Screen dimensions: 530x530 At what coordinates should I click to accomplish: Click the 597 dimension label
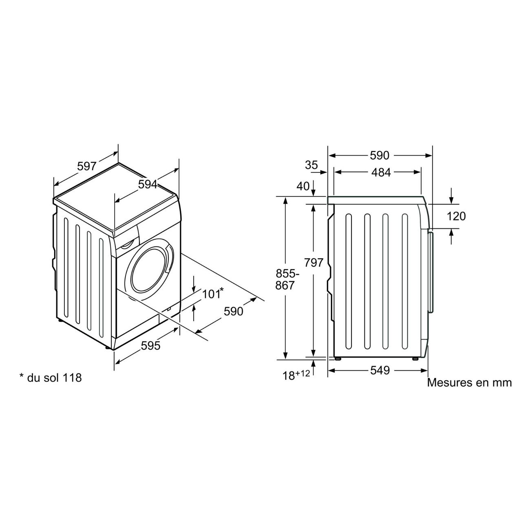point(87,166)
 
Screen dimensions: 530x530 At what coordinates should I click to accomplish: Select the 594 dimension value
point(148,184)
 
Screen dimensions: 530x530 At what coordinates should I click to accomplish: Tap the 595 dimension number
point(151,345)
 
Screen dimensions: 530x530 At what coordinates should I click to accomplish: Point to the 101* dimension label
point(213,294)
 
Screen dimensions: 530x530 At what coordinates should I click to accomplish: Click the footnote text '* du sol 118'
point(51,378)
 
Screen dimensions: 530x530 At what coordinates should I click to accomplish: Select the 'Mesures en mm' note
point(469,382)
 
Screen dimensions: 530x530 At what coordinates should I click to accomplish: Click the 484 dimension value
point(381,172)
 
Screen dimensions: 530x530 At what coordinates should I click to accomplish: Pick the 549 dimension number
point(380,371)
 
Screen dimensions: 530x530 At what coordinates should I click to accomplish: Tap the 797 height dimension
point(314,263)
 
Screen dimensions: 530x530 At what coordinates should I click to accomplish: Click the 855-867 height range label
point(287,280)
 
